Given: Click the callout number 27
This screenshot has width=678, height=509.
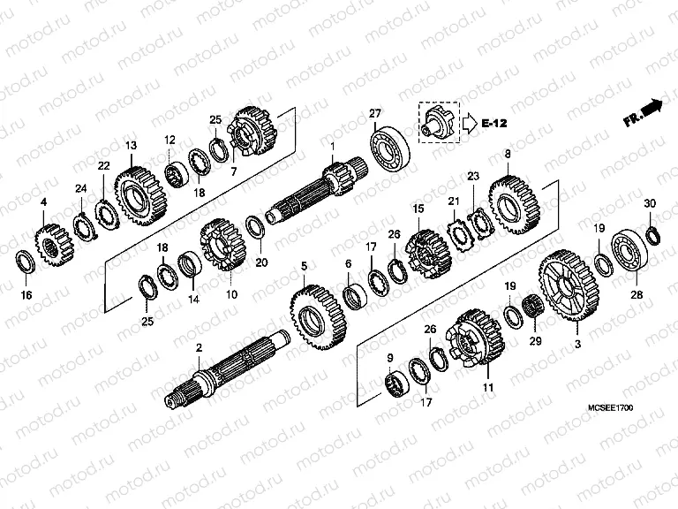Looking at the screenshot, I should [x=375, y=113].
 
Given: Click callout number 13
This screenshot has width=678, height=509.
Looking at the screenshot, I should [x=131, y=145].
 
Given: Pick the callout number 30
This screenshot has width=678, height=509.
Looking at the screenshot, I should [x=650, y=204].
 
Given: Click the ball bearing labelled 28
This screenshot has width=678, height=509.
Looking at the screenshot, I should [x=629, y=249].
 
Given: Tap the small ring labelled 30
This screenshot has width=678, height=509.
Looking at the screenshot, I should [x=652, y=234].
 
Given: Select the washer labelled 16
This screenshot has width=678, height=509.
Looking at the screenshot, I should [x=26, y=262].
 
